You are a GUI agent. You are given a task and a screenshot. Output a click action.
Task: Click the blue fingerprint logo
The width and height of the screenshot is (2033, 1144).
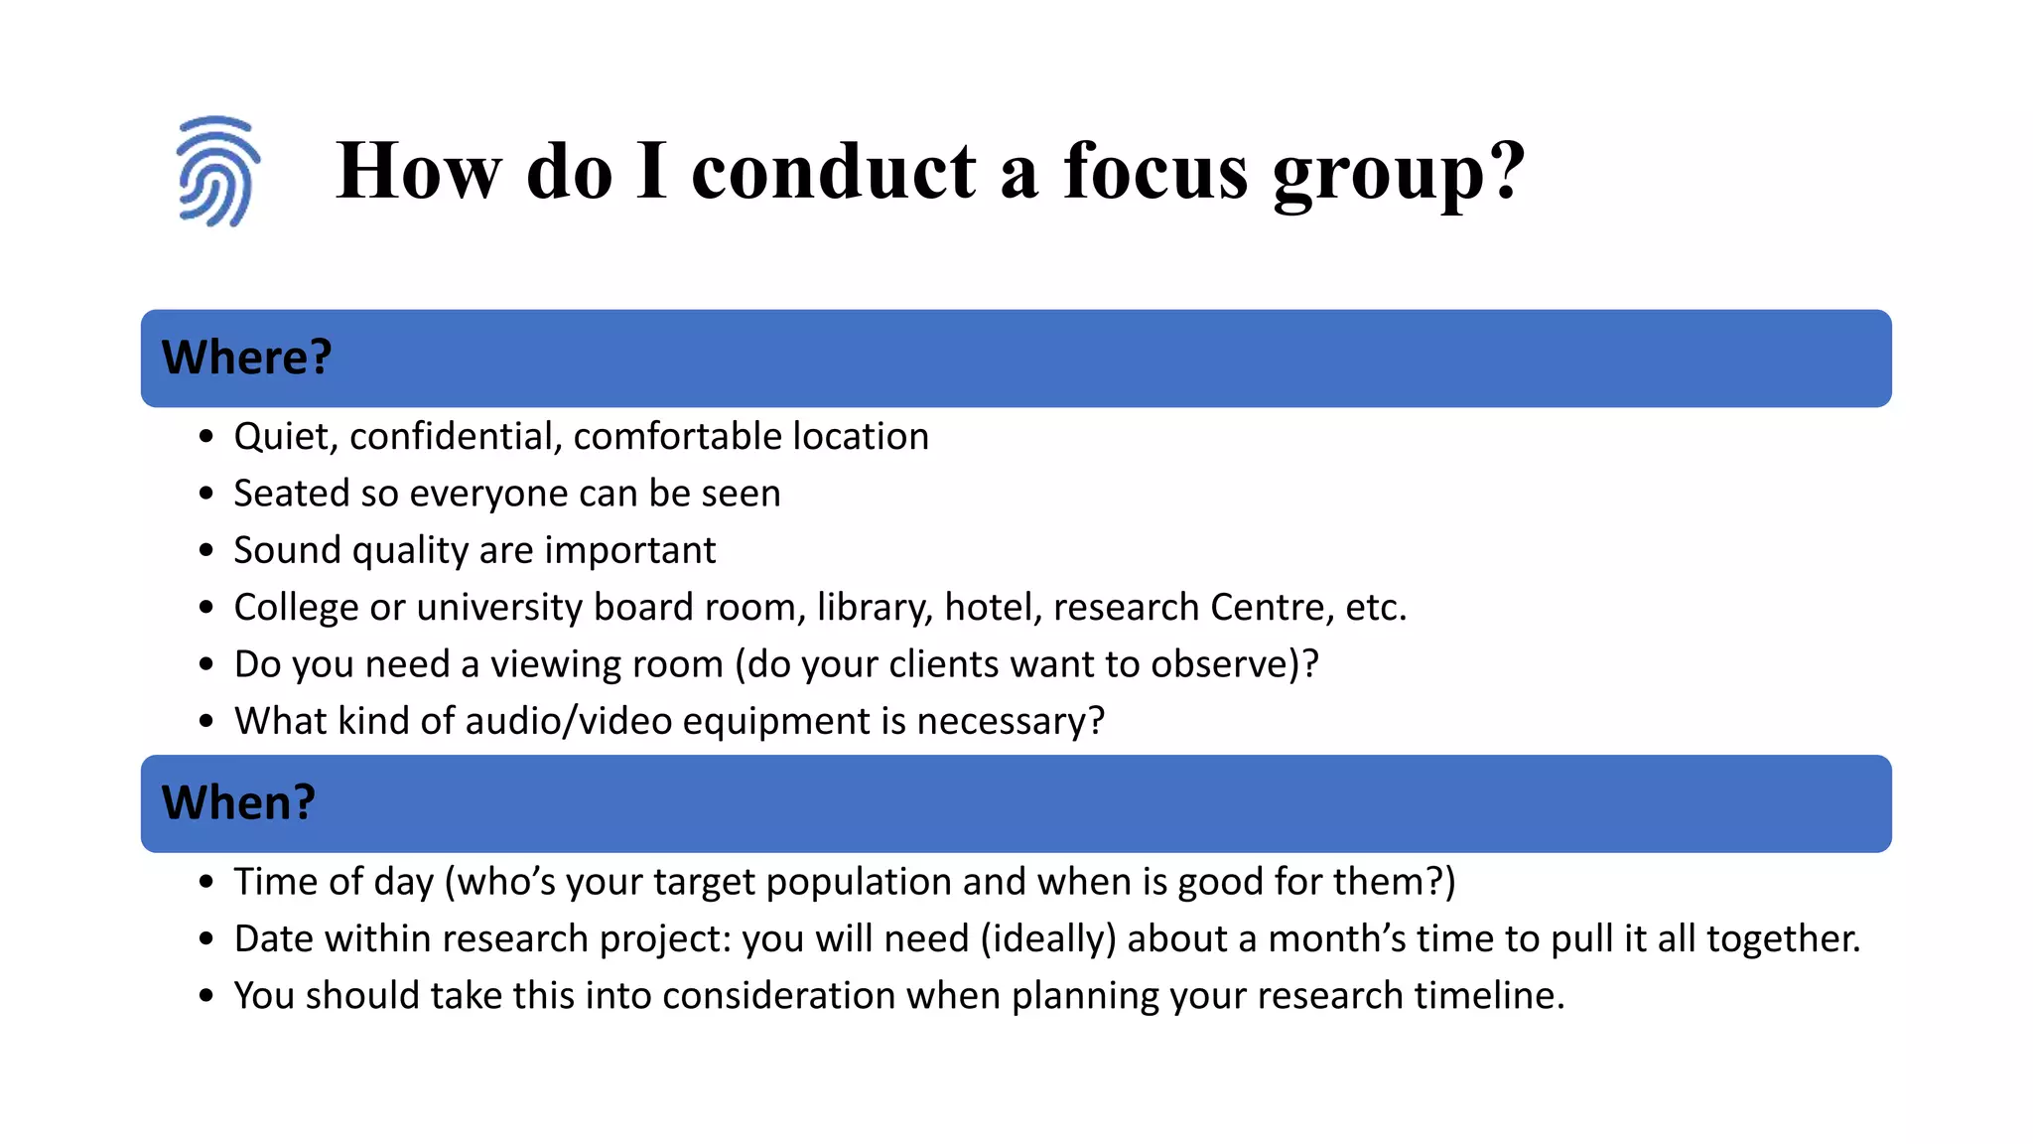click(217, 172)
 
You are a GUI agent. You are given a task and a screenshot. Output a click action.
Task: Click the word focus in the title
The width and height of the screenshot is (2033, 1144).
click(1155, 171)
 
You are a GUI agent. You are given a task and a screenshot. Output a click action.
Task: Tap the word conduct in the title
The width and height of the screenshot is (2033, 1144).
click(834, 171)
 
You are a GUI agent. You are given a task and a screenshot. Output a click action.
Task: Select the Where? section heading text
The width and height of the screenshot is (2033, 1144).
click(246, 357)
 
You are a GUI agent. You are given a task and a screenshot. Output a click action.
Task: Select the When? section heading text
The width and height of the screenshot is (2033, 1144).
click(238, 802)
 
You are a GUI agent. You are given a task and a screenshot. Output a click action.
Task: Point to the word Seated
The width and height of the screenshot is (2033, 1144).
click(291, 494)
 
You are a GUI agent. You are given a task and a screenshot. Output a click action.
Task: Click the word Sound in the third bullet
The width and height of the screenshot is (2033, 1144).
click(287, 550)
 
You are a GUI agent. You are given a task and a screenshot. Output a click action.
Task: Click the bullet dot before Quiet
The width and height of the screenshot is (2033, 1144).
click(206, 437)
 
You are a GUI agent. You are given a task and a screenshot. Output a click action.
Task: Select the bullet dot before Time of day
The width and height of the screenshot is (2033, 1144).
click(206, 882)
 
